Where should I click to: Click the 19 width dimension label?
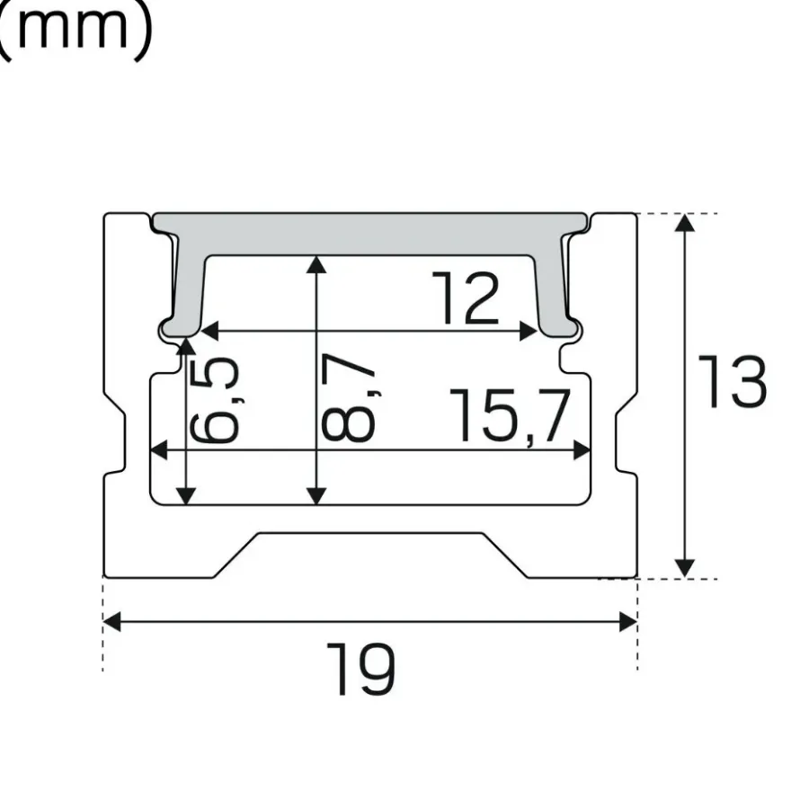[x=360, y=669]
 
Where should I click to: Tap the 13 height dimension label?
[x=733, y=381]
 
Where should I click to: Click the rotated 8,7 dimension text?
[x=349, y=397]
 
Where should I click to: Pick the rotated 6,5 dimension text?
[x=214, y=399]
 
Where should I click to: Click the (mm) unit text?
[x=75, y=30]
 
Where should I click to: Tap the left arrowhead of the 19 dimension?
[x=111, y=621]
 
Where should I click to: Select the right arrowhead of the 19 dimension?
[x=628, y=621]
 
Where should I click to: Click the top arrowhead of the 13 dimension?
[x=685, y=223]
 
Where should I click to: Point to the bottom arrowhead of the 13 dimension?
[x=685, y=568]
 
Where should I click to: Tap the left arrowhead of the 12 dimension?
[x=209, y=331]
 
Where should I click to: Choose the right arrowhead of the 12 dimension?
[x=529, y=331]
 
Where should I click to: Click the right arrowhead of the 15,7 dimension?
[x=582, y=449]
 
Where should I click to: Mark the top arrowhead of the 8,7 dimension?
[x=316, y=264]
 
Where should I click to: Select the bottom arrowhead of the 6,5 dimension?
[x=186, y=495]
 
